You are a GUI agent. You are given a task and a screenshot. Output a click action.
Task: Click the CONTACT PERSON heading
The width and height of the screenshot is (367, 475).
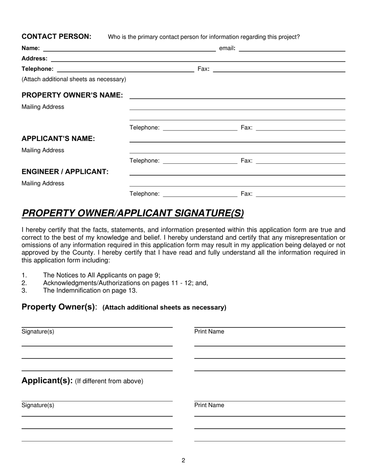tap(56, 36)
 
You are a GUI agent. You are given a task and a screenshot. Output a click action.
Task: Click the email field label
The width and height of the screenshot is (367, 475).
tap(227, 48)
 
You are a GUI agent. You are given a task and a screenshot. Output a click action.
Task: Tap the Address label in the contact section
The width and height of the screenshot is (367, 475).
tap(34, 58)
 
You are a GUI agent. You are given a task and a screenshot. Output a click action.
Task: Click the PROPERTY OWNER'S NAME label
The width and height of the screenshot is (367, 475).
tap(72, 95)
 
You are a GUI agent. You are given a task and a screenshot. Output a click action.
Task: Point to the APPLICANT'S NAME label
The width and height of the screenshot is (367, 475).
tap(58, 139)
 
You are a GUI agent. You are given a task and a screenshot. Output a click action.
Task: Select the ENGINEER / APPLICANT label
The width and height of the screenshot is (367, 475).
tap(65, 171)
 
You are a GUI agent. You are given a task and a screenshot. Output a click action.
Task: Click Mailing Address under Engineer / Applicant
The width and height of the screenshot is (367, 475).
tap(43, 183)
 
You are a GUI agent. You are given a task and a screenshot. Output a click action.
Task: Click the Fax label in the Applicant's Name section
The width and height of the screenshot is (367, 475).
tap(246, 161)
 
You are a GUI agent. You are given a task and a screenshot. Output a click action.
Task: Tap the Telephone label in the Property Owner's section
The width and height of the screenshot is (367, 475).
tap(144, 127)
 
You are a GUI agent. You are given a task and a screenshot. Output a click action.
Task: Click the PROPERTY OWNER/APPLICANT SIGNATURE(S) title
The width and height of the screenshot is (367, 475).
tap(133, 213)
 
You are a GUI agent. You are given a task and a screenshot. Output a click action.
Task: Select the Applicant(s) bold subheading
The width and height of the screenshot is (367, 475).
tap(47, 381)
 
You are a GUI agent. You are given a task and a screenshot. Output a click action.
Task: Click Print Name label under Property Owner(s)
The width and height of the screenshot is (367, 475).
tap(209, 332)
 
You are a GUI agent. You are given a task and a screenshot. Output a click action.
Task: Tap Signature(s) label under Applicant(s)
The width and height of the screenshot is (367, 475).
tap(38, 405)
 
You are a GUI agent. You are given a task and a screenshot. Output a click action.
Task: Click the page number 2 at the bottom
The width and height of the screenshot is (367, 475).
tap(183, 460)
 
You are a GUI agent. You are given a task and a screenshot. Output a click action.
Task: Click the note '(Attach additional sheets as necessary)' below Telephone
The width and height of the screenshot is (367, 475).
tap(74, 79)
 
